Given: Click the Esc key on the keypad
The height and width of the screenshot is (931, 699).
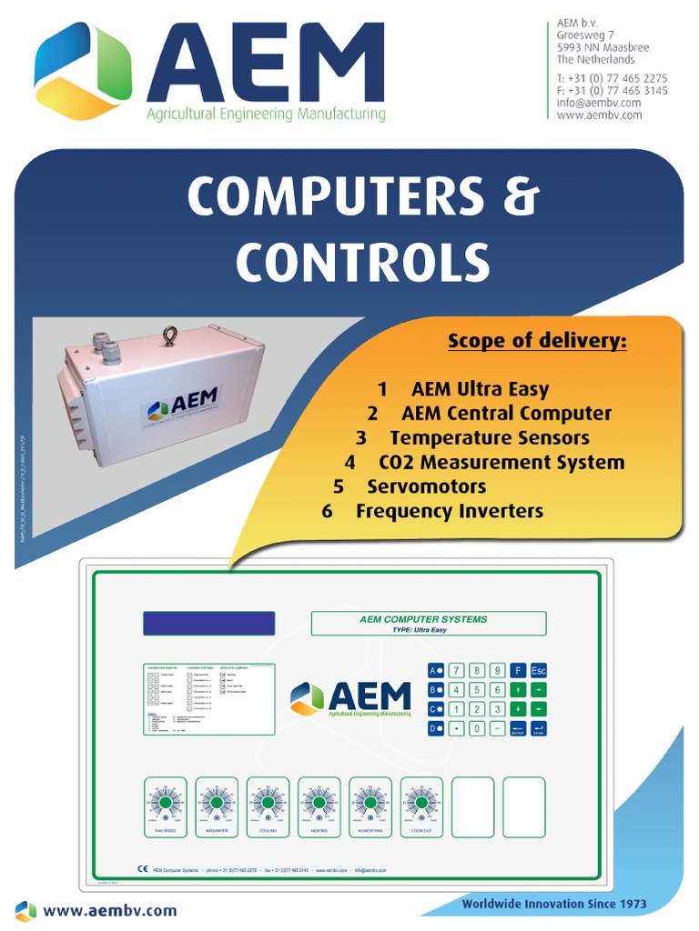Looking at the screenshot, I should [539, 670].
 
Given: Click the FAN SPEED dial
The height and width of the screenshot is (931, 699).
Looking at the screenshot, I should [165, 803].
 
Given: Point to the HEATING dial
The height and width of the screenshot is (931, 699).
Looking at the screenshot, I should [319, 803].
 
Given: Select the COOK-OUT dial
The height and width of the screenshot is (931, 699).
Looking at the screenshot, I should [421, 803].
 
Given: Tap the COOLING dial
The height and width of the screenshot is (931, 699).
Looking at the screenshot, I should [268, 803].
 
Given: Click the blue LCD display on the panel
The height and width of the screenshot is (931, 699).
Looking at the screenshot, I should [208, 624].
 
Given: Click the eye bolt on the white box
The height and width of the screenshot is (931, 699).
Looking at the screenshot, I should [169, 336].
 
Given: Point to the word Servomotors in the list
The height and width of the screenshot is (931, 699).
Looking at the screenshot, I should [426, 486].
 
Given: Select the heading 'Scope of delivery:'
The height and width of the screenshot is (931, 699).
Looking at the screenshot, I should [537, 342].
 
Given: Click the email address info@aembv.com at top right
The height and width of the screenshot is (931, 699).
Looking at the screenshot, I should [599, 103].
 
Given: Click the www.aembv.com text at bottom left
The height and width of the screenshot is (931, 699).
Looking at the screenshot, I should [110, 910].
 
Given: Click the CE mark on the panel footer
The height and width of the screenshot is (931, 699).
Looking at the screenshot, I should [142, 869].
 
